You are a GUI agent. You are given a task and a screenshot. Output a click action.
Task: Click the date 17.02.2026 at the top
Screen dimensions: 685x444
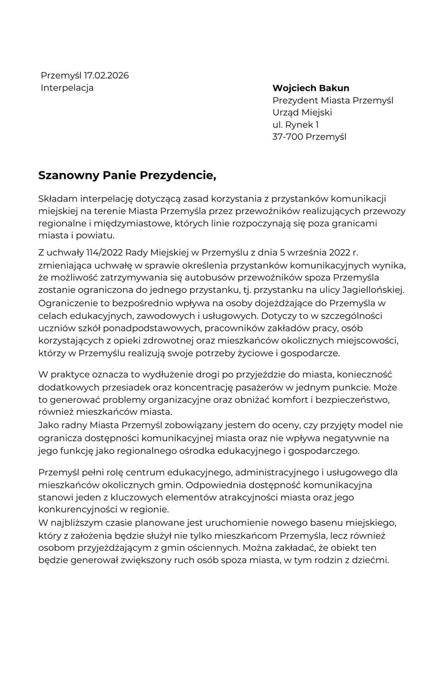[x=106, y=76]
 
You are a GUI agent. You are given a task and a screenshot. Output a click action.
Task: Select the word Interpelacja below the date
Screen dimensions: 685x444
[x=67, y=88]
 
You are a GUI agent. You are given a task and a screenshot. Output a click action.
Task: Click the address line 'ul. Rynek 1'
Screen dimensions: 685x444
[x=295, y=124]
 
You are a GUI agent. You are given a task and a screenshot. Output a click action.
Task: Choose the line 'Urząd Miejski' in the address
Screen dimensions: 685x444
[x=302, y=112]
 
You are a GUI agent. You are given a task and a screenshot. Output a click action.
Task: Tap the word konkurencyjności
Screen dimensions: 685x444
[x=80, y=510]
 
